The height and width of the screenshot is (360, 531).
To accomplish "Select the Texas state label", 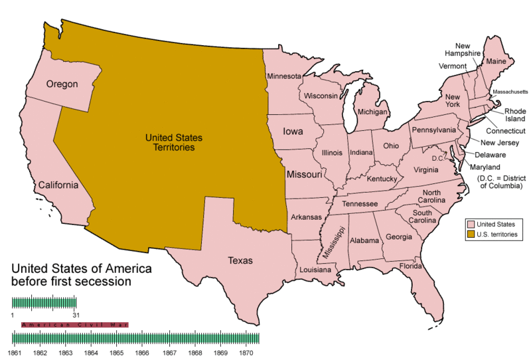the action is (x=240, y=260).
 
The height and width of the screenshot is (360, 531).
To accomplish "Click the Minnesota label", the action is (x=284, y=76).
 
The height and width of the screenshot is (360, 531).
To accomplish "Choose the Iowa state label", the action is (x=293, y=132).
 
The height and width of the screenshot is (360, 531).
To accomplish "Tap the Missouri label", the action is (x=304, y=175).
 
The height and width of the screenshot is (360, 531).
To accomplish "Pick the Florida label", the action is (x=411, y=266).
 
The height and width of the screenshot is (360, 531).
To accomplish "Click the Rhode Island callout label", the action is (x=515, y=115).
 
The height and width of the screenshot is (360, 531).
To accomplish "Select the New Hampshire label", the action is (x=458, y=48).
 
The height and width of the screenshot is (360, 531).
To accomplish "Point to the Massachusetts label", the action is (x=510, y=91).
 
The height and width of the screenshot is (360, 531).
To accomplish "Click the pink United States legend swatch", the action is (x=471, y=225).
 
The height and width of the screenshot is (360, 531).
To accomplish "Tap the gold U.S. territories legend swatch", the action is (x=471, y=234).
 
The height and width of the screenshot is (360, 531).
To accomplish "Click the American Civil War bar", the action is (x=74, y=325).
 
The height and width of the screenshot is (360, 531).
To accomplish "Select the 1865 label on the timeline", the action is (x=117, y=352).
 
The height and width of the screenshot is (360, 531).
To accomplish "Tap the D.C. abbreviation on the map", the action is (x=437, y=158).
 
